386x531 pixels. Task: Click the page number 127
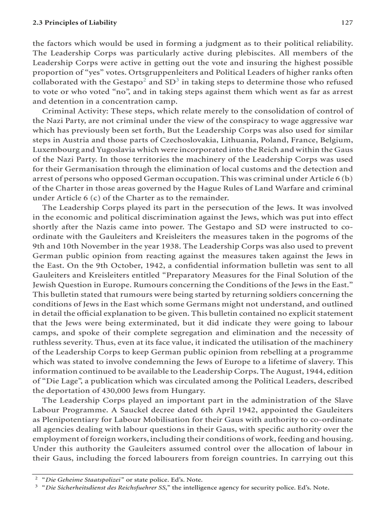pos(347,23)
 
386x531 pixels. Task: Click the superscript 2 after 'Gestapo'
pos(143,80)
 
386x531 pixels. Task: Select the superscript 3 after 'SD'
pos(177,80)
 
